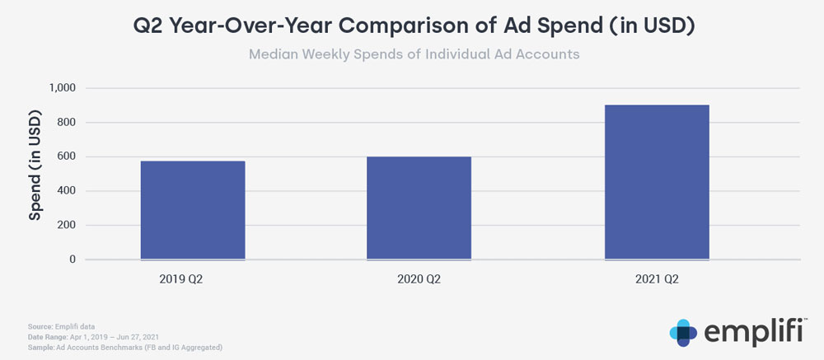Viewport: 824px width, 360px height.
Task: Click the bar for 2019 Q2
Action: (193, 210)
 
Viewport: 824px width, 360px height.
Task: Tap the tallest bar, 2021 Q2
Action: (657, 182)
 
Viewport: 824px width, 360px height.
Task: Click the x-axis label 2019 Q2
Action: (181, 279)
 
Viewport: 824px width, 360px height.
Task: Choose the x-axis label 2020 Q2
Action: (419, 279)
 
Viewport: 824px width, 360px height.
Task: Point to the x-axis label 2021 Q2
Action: (657, 279)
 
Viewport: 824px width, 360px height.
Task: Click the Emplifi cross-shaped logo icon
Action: (683, 331)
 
